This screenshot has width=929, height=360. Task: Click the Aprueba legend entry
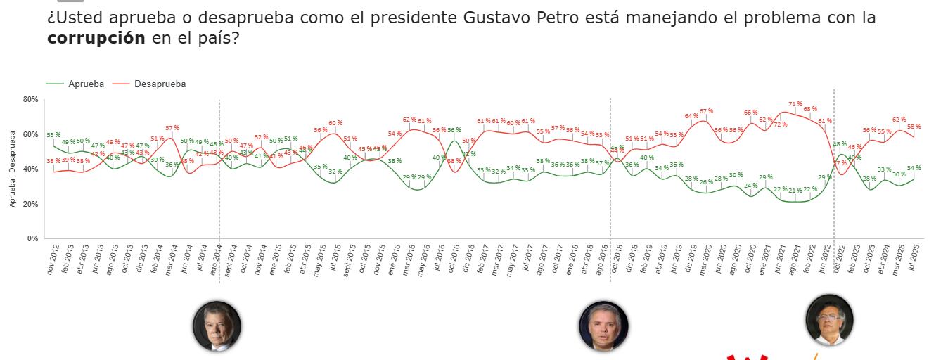tap(86, 84)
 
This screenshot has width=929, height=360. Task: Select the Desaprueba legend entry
tap(160, 84)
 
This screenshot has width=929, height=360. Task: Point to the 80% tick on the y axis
tap(30, 100)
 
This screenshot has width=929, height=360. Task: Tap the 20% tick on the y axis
tap(30, 204)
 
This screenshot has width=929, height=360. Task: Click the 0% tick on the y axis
tap(32, 239)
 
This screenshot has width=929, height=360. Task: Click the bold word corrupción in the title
tap(96, 39)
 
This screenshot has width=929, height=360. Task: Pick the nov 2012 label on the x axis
tap(51, 261)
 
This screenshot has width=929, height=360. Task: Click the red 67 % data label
tap(706, 111)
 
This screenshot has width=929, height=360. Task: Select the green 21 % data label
tap(795, 191)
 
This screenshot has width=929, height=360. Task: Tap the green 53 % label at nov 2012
tap(53, 135)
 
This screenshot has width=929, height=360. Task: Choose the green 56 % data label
tap(454, 130)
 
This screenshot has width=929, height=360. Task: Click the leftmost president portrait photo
tap(217, 326)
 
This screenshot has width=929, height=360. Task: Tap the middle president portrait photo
tap(603, 326)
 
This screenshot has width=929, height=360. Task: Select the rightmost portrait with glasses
tap(829, 319)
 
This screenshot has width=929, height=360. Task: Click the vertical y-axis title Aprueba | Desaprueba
tap(13, 169)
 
